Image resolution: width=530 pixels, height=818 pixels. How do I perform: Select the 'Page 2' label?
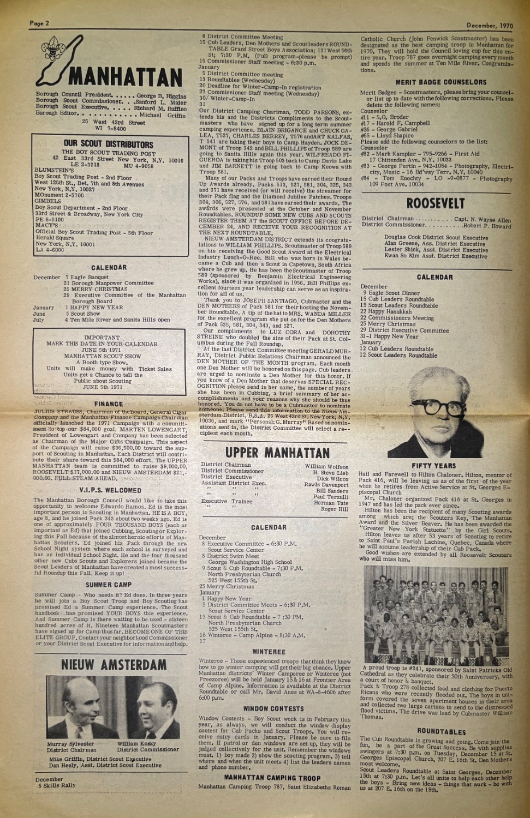[39, 23]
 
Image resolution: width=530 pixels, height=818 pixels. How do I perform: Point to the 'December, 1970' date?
[490, 25]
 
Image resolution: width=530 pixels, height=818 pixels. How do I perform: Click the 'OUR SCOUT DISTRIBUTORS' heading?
[108, 145]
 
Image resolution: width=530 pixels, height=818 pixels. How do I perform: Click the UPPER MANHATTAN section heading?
[277, 453]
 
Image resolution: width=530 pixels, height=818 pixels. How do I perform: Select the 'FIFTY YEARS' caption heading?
[433, 466]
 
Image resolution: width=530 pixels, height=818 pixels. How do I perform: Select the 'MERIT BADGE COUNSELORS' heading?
[441, 82]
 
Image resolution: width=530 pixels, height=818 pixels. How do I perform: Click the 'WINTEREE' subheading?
[269, 652]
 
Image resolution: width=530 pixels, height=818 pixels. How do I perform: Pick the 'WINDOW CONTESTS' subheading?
[273, 709]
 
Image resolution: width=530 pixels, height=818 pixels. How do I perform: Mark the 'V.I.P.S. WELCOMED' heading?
[110, 490]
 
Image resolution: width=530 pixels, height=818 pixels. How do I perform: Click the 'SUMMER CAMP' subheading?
[108, 585]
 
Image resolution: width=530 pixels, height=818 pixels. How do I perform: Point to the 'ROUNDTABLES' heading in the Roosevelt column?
[442, 732]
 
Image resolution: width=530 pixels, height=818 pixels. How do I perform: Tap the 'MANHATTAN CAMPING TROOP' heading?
[272, 778]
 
